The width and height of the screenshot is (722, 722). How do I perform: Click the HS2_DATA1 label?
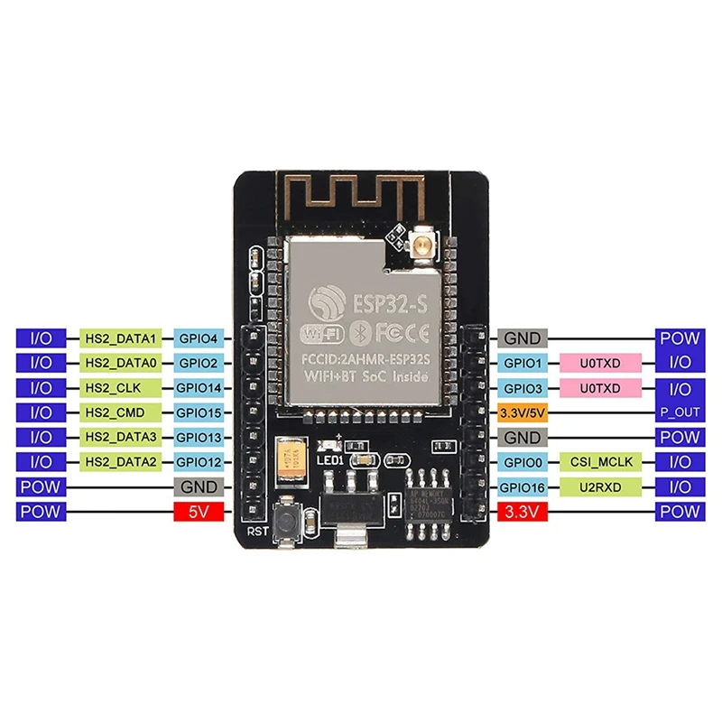[121, 338]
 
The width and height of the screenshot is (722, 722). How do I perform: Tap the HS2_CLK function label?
[121, 388]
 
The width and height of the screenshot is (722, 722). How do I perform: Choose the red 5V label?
[198, 512]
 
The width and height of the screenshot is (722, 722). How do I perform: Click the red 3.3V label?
[523, 512]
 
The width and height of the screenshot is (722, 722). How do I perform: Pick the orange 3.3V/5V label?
[523, 412]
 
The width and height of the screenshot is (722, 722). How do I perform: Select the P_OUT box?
[680, 412]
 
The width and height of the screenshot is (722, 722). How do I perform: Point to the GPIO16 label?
[523, 487]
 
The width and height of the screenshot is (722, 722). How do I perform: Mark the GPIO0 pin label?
[523, 462]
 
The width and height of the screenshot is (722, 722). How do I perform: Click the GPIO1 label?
[523, 363]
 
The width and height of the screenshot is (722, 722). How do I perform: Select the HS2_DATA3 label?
[121, 438]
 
